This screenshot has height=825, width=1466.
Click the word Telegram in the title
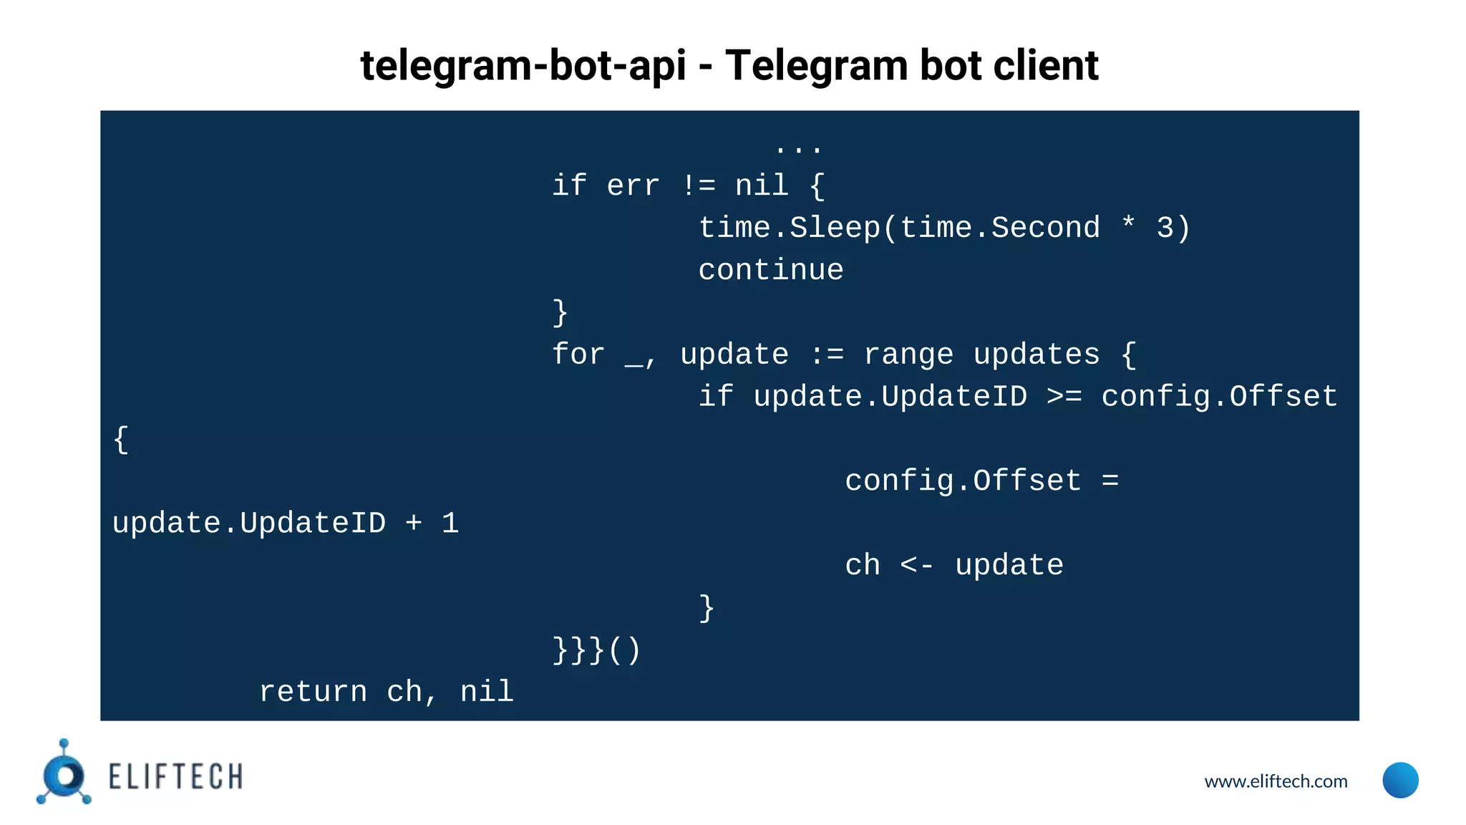click(815, 66)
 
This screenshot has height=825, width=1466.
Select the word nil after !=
click(762, 186)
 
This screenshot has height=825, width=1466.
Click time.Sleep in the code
click(789, 228)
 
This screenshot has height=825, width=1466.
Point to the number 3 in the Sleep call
click(1165, 228)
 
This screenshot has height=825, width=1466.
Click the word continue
click(771, 271)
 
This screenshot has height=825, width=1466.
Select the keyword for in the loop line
click(578, 355)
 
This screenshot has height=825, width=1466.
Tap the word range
click(908, 355)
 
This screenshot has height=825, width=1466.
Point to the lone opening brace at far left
click(121, 440)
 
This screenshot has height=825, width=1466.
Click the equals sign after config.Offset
click(1110, 481)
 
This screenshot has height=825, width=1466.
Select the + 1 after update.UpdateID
click(432, 524)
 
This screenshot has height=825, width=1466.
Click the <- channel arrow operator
click(917, 566)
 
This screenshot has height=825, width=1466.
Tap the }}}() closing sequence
click(596, 650)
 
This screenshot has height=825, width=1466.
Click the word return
click(313, 693)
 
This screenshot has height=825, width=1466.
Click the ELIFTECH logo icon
click(64, 774)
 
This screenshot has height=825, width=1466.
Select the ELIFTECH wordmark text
click(175, 777)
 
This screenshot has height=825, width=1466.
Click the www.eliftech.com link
click(1276, 781)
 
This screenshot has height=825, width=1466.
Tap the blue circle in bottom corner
click(1400, 780)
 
